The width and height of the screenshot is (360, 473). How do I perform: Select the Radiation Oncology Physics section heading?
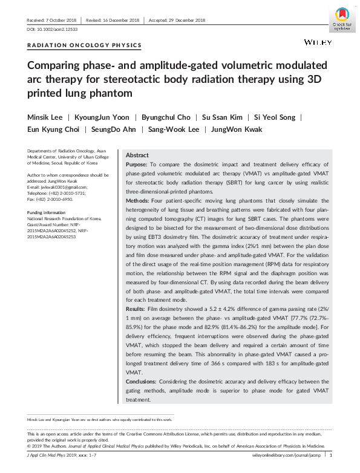[x=85, y=45]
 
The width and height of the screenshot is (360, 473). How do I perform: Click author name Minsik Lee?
[x=46, y=116]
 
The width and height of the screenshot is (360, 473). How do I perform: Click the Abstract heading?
[x=137, y=155]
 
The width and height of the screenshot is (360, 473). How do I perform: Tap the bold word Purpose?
[x=136, y=165]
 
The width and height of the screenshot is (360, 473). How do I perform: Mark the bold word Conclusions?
[x=142, y=382]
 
